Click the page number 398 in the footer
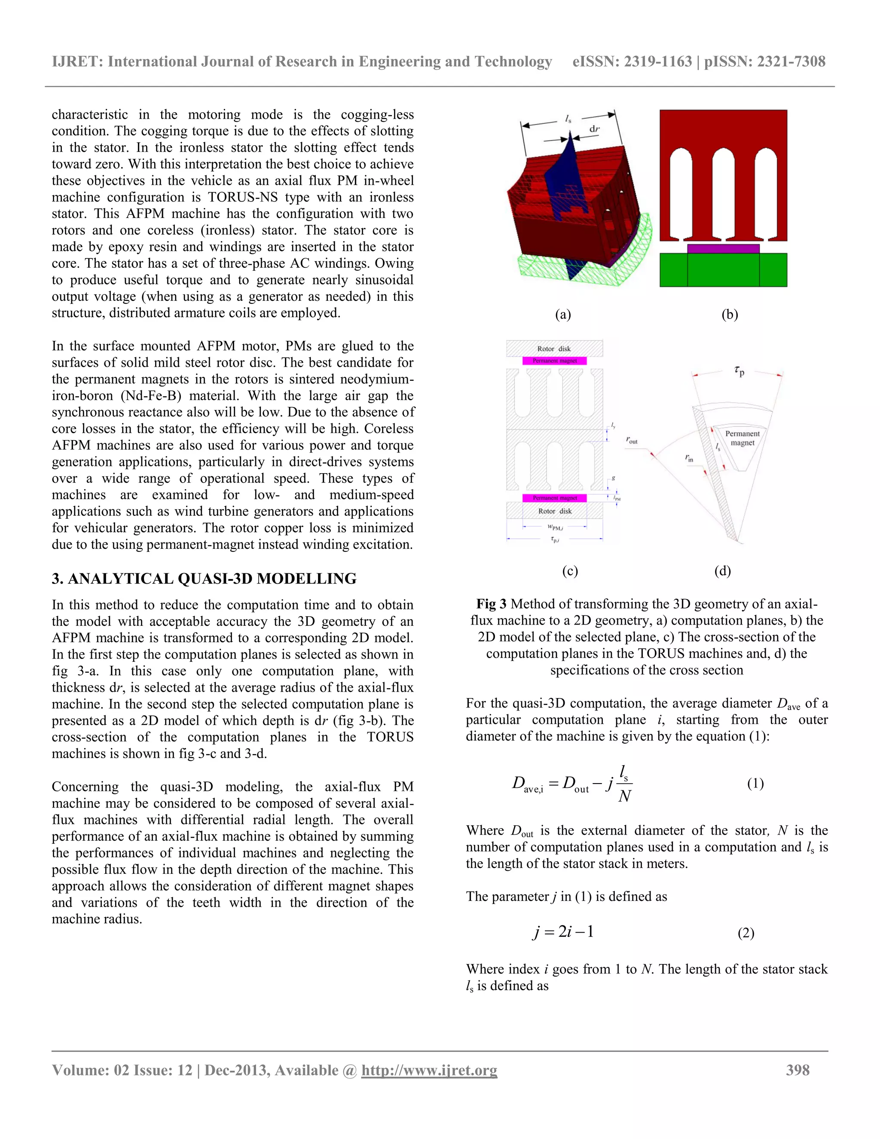(797, 1070)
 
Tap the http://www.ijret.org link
(429, 1070)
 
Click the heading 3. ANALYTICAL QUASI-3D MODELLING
(204, 579)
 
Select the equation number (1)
(755, 783)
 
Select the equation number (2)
(746, 933)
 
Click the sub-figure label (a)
(563, 315)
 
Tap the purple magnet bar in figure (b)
(723, 249)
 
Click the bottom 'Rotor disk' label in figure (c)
(555, 511)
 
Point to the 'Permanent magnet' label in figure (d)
(742, 438)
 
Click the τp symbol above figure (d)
(739, 371)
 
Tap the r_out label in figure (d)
(632, 441)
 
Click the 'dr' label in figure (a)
(594, 129)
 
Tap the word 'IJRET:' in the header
(78, 61)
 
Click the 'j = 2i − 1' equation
(563, 931)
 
